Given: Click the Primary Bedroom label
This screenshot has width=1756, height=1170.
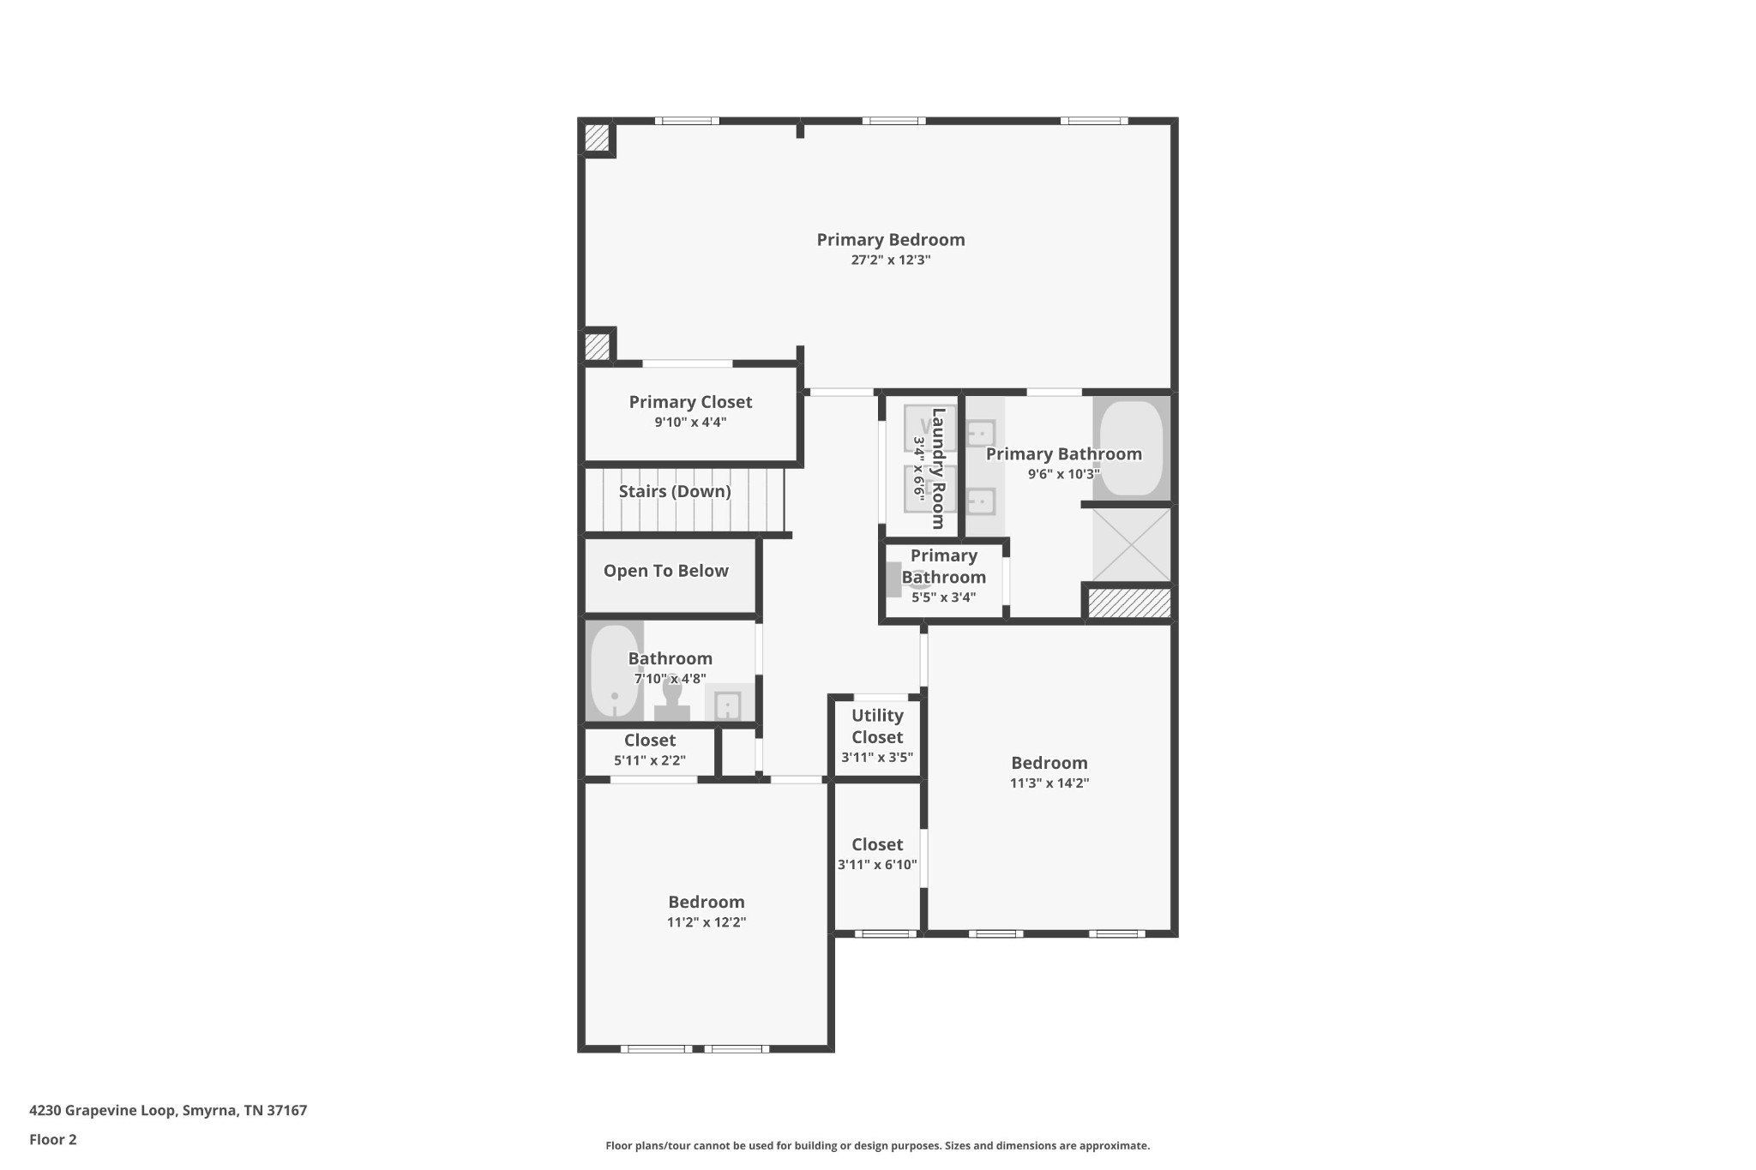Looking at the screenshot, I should click(890, 240).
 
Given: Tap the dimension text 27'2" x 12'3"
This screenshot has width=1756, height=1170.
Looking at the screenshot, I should click(890, 260).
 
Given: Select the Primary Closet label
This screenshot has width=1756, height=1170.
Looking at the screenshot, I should click(690, 402).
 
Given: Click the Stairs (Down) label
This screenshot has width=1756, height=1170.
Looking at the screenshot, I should click(675, 491).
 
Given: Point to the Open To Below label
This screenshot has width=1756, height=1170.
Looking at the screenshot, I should click(665, 571).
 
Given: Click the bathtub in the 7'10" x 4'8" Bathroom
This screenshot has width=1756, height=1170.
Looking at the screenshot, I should click(614, 671).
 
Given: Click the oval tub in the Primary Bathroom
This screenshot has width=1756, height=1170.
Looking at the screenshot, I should click(1131, 447).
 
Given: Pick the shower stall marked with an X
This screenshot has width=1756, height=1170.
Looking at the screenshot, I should click(1131, 545).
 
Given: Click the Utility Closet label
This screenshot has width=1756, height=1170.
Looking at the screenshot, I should click(877, 726).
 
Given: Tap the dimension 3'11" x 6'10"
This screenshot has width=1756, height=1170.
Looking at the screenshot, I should click(877, 865).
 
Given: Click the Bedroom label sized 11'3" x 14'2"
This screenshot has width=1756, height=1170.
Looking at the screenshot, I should click(1049, 763).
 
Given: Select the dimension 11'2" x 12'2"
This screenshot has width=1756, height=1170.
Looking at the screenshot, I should click(707, 922).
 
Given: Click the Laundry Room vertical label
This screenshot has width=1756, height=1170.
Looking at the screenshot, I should click(938, 468).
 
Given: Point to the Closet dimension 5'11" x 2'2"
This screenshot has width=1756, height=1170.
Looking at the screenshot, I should click(649, 760).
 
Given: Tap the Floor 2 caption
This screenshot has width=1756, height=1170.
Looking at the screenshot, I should click(53, 1139).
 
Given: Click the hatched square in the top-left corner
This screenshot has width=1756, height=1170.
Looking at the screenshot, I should click(597, 138).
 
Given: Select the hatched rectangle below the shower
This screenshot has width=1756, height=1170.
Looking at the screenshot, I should click(1129, 603).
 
